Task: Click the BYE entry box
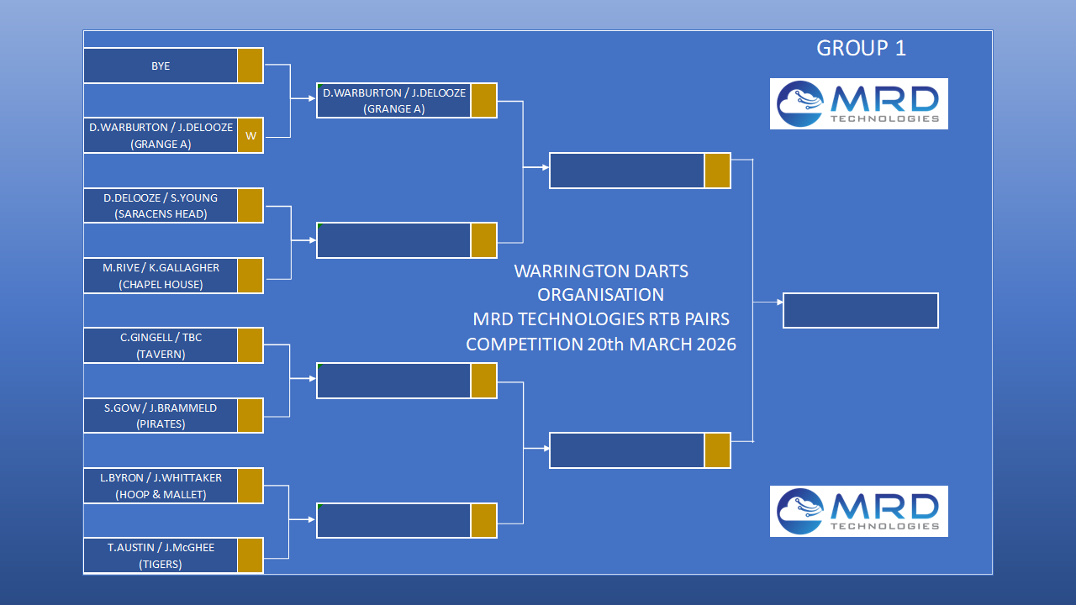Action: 161,66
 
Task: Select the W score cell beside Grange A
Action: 251,135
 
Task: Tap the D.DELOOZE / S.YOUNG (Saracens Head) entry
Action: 161,206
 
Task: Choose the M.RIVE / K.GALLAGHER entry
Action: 161,276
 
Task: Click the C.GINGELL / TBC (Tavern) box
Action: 161,345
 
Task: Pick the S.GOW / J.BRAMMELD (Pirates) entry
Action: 161,415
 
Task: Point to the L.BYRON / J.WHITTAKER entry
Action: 161,486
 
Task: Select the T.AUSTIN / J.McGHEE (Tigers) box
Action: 161,555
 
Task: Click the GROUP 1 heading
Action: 861,49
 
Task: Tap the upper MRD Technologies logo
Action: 858,104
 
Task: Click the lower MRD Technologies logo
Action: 858,511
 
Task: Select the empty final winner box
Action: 860,310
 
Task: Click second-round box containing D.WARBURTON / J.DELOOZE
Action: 393,101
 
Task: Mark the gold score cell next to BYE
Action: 251,66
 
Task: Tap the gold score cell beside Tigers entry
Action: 251,555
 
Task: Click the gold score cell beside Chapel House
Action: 251,276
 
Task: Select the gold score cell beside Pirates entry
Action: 251,415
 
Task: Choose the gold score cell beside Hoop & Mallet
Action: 251,486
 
